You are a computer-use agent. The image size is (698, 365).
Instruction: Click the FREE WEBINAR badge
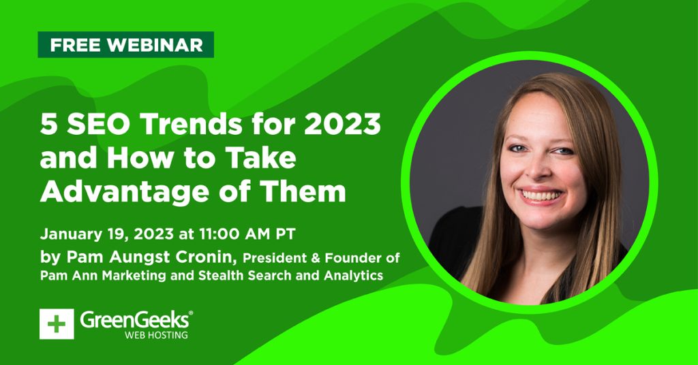click(x=125, y=44)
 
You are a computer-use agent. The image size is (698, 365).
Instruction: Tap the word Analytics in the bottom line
click(x=354, y=276)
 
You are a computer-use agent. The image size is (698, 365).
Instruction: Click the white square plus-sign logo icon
click(x=57, y=324)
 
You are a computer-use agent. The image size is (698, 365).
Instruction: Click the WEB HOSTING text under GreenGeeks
click(x=156, y=335)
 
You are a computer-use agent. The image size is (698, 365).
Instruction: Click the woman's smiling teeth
click(x=541, y=195)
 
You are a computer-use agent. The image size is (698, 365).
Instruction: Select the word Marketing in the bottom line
click(x=134, y=276)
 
